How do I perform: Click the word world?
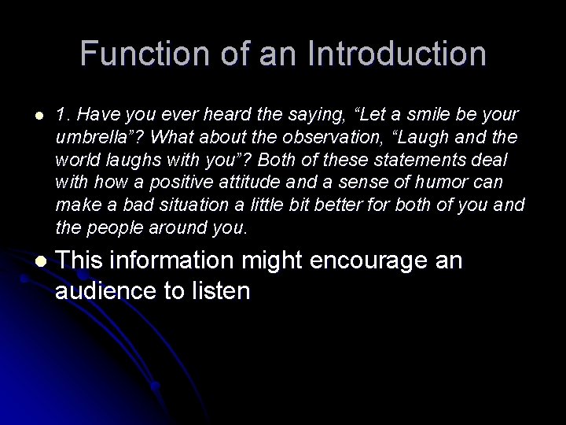(77, 160)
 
